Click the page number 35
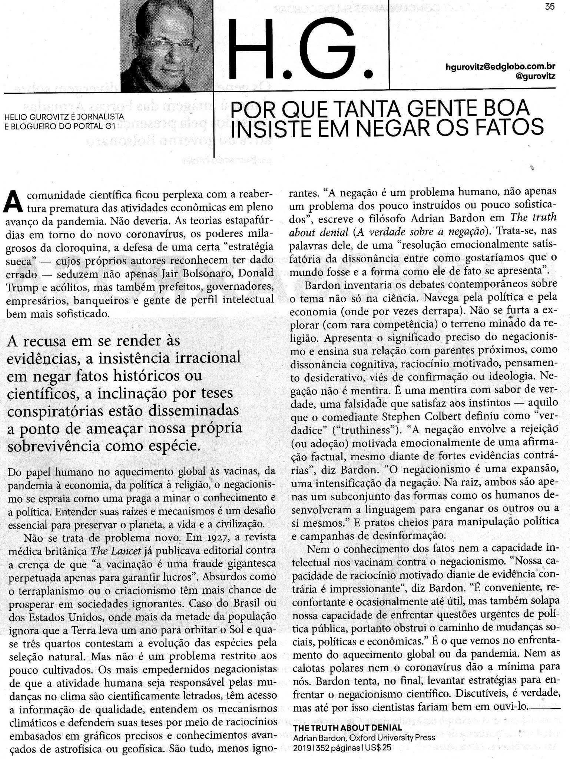550,7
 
